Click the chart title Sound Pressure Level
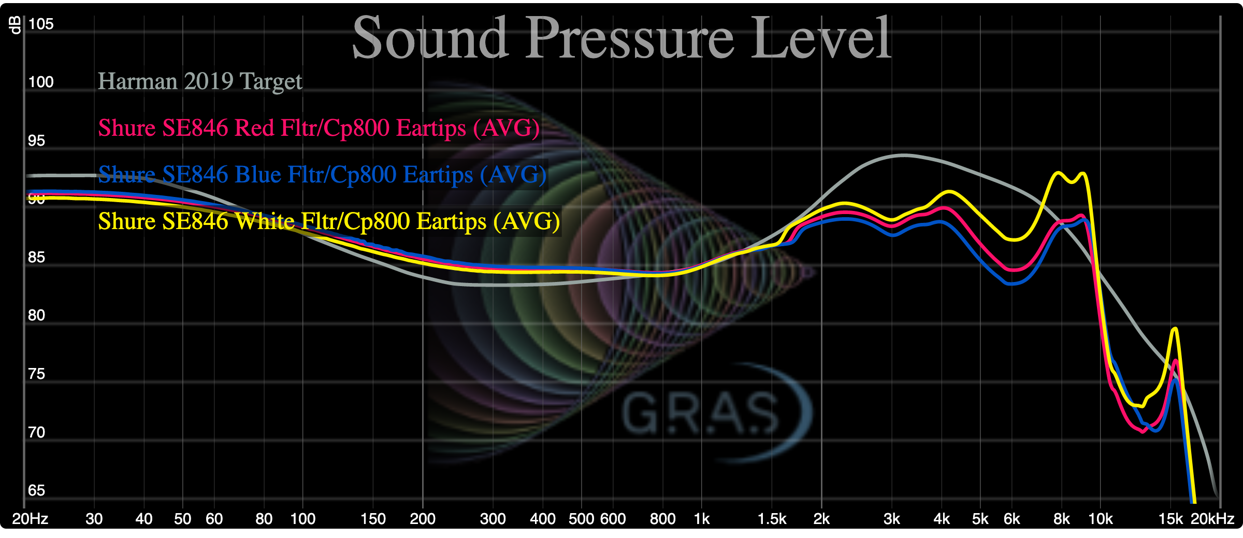pyautogui.click(x=621, y=37)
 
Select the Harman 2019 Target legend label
pyautogui.click(x=200, y=81)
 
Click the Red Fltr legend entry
pyautogui.click(x=319, y=128)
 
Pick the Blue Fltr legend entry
pyautogui.click(x=322, y=175)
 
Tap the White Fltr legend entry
pyautogui.click(x=329, y=221)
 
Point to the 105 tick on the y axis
pyautogui.click(x=41, y=24)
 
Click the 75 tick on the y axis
pyautogui.click(x=36, y=374)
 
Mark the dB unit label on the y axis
pyautogui.click(x=16, y=25)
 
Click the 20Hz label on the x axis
pyautogui.click(x=30, y=519)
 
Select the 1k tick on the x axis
pyautogui.click(x=702, y=519)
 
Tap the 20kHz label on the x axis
pyautogui.click(x=1212, y=519)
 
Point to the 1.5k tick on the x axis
pyautogui.click(x=772, y=519)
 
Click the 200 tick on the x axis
pyautogui.click(x=423, y=519)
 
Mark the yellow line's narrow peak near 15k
pyautogui.click(x=1175, y=329)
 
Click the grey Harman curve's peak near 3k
pyautogui.click(x=903, y=155)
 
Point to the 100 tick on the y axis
pyautogui.click(x=41, y=82)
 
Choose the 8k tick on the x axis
pyautogui.click(x=1061, y=519)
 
